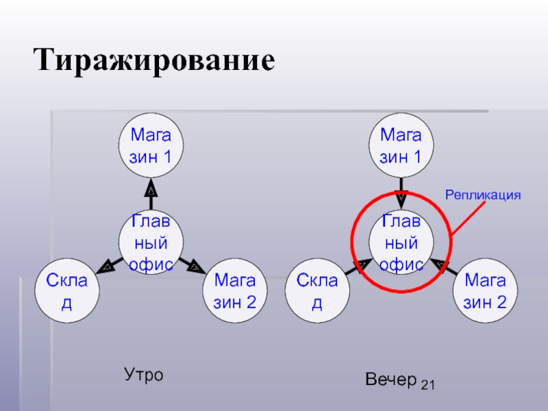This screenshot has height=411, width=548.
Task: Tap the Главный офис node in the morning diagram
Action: click(x=151, y=243)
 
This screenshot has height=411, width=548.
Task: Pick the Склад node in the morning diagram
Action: click(x=67, y=291)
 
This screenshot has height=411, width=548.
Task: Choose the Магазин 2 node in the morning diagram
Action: click(x=235, y=291)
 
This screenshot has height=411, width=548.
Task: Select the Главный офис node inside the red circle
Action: click(x=401, y=243)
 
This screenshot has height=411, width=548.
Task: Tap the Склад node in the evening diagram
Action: click(x=317, y=291)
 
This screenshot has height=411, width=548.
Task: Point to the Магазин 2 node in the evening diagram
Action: click(x=485, y=291)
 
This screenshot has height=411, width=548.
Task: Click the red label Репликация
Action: click(x=484, y=195)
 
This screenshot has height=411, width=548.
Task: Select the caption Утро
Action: click(x=143, y=375)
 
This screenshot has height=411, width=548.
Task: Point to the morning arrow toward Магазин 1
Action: click(x=151, y=192)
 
